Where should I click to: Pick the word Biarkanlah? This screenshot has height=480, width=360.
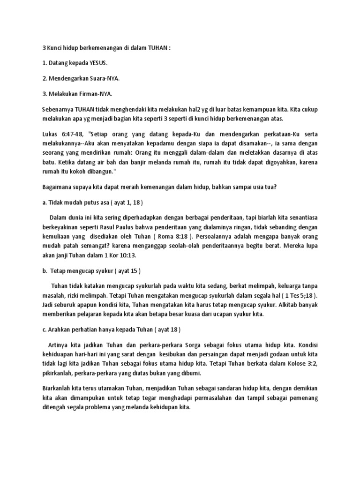click(x=58, y=390)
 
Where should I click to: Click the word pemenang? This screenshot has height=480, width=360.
click(x=302, y=398)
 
